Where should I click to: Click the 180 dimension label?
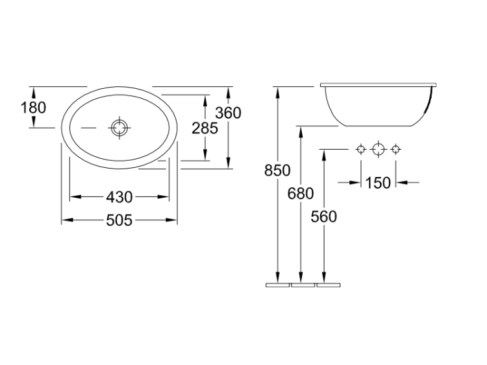[33, 108]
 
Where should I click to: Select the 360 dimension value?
[229, 113]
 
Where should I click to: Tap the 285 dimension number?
[205, 128]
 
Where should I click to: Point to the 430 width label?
[119, 197]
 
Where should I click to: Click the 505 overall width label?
[119, 220]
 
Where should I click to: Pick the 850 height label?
[277, 171]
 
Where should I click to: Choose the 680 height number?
[301, 193]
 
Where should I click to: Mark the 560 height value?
[323, 217]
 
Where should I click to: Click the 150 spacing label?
[378, 183]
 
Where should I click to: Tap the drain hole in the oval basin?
[119, 128]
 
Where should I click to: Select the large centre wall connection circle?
[379, 150]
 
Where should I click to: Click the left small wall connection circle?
[361, 150]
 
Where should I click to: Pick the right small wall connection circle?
[395, 150]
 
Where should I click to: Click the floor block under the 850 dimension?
[278, 285]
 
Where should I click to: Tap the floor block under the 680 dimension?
[303, 285]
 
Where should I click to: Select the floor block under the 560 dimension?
[329, 285]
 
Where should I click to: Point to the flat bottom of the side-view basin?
[379, 126]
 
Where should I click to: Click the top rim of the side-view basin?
[379, 85]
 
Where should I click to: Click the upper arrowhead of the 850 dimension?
[278, 92]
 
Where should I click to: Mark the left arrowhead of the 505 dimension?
[68, 220]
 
